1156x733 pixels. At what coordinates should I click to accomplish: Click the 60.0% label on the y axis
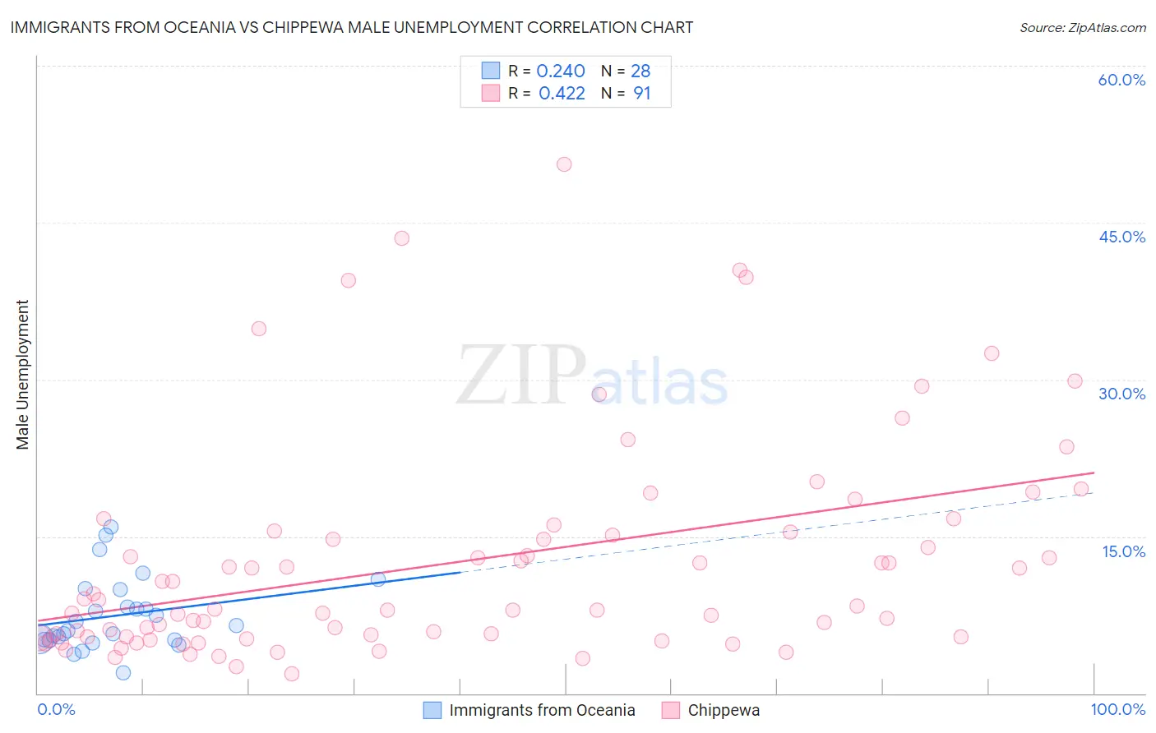pyautogui.click(x=1121, y=80)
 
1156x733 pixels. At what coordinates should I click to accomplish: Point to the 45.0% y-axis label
pyautogui.click(x=1121, y=237)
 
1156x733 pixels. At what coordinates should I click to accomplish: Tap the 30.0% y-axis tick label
pyautogui.click(x=1121, y=394)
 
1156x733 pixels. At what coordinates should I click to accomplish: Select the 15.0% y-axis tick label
pyautogui.click(x=1123, y=551)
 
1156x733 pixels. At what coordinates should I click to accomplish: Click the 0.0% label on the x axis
pyautogui.click(x=56, y=709)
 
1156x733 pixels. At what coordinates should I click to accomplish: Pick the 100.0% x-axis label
pyautogui.click(x=1117, y=709)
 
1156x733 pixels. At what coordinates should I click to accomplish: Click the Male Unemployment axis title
pyautogui.click(x=22, y=375)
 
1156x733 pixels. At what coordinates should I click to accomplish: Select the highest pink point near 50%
pyautogui.click(x=564, y=164)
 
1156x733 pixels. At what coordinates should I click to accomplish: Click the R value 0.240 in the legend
pyautogui.click(x=561, y=71)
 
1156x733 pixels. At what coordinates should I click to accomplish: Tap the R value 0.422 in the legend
pyautogui.click(x=562, y=94)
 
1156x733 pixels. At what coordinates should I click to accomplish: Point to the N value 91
pyautogui.click(x=641, y=94)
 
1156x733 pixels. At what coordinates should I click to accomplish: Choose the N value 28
pyautogui.click(x=640, y=71)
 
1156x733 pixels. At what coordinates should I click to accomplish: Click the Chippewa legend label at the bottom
pyautogui.click(x=724, y=710)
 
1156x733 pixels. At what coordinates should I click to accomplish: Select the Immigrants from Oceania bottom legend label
pyautogui.click(x=542, y=710)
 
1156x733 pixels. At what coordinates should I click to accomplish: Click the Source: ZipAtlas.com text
pyautogui.click(x=1082, y=28)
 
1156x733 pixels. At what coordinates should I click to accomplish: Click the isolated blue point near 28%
pyautogui.click(x=599, y=394)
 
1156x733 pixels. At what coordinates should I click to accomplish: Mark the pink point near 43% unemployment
pyautogui.click(x=401, y=238)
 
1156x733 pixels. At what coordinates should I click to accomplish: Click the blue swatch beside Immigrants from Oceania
pyautogui.click(x=432, y=710)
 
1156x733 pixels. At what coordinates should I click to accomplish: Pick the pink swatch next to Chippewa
pyautogui.click(x=671, y=710)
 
